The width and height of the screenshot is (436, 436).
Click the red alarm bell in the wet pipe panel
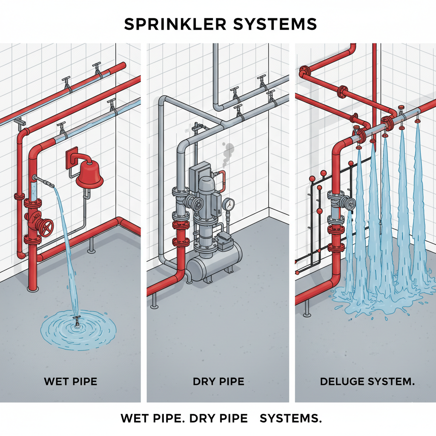[89, 175]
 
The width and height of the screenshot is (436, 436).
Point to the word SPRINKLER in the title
[177, 24]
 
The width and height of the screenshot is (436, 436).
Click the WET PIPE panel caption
[71, 381]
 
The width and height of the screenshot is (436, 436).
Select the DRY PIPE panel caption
[218, 381]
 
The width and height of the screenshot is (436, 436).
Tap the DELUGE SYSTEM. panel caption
[367, 381]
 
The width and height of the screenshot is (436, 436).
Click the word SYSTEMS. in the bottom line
[290, 418]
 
